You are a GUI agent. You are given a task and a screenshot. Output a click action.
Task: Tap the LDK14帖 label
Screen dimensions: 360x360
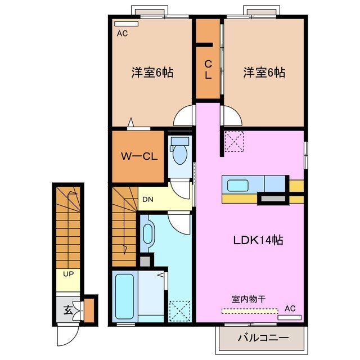tap(258, 240)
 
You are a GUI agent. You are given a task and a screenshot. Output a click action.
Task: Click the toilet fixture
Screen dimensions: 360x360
tap(180, 150)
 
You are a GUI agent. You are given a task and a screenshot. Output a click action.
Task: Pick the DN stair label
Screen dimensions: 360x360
tap(147, 199)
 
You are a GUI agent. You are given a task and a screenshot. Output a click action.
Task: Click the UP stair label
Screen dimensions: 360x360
tap(68, 274)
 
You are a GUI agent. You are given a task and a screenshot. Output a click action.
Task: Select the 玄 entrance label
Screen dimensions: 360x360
tap(67, 309)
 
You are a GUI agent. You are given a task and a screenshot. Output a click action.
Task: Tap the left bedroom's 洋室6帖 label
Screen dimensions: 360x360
tap(152, 73)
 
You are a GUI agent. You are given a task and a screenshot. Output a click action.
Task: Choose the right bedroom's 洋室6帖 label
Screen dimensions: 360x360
tap(264, 73)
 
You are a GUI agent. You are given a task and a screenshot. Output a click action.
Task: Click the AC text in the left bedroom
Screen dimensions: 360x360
tap(122, 34)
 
